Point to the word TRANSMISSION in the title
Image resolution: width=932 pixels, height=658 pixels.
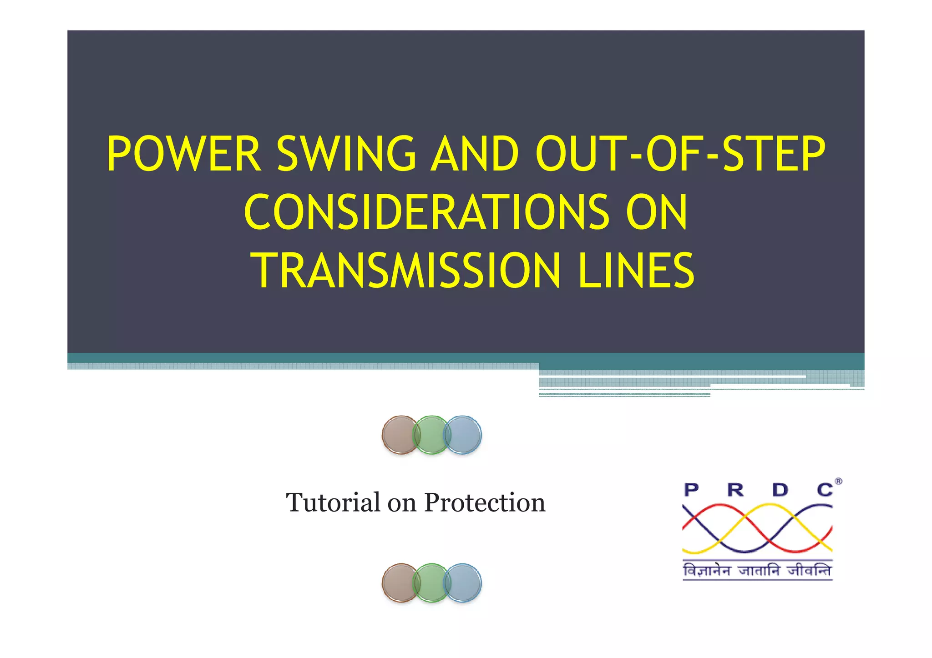click(405, 271)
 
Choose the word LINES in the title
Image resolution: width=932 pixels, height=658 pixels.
click(636, 271)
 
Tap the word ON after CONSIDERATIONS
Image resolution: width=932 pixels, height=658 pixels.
click(656, 212)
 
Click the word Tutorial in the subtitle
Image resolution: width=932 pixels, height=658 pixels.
click(333, 502)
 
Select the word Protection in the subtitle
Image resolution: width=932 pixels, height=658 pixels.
click(485, 502)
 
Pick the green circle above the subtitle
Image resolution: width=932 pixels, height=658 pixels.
click(431, 435)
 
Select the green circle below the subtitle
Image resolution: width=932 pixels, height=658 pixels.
click(431, 583)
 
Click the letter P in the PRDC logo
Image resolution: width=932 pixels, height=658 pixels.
click(691, 490)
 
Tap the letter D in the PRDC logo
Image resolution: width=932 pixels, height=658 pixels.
click(780, 490)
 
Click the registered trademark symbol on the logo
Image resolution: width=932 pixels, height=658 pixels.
click(838, 482)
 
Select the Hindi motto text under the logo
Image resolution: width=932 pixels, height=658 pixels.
click(757, 570)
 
